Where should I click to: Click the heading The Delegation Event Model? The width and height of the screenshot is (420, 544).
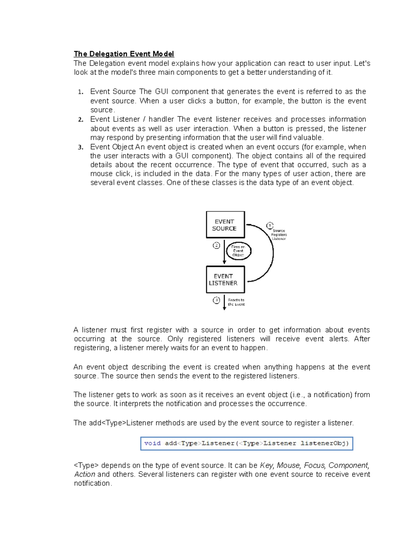click(x=124, y=54)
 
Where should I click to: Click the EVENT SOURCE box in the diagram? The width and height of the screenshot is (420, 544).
click(x=225, y=225)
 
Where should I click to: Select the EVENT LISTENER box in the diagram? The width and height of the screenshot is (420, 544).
click(x=225, y=280)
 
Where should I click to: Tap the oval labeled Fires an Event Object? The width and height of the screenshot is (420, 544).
click(x=238, y=251)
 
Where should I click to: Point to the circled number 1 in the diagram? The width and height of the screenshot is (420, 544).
click(x=269, y=225)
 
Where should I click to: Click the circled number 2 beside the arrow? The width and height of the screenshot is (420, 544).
click(x=216, y=246)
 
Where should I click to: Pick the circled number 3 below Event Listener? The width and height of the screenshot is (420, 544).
click(x=216, y=300)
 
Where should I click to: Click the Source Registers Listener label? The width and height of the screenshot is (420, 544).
click(x=279, y=235)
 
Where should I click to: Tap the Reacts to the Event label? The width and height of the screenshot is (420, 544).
click(x=236, y=302)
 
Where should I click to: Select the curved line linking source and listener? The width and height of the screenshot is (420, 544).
click(x=272, y=252)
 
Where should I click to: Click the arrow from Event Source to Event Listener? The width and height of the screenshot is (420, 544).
click(x=224, y=252)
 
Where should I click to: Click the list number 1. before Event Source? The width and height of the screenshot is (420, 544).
click(x=80, y=92)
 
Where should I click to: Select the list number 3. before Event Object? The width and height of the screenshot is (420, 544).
click(x=80, y=147)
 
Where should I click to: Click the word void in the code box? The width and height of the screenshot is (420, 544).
click(x=152, y=443)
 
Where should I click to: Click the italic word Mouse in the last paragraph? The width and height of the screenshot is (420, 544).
click(x=288, y=466)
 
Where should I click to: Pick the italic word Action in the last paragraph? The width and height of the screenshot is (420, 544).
click(x=84, y=474)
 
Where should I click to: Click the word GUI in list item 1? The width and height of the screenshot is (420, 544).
click(x=161, y=92)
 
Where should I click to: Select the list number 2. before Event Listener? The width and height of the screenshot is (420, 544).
click(x=80, y=120)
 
